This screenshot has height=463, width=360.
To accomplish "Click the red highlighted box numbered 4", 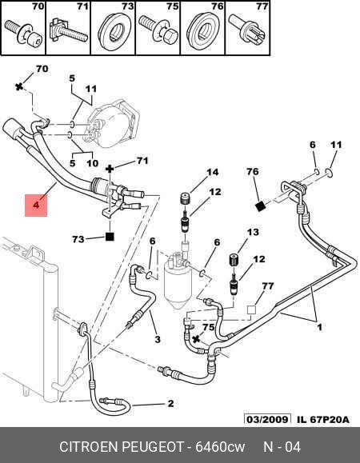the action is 36,206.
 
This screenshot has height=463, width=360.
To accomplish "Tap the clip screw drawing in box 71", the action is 69,31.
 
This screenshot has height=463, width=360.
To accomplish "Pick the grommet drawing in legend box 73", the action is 115,30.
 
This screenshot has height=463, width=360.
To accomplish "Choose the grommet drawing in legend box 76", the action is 203,30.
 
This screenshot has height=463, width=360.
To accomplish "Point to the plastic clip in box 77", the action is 248,30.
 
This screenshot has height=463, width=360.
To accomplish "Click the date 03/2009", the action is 267,419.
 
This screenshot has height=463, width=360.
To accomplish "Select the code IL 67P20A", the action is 322,419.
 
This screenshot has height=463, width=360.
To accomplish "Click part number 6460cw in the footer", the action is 220,447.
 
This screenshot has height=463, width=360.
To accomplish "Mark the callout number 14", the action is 212,172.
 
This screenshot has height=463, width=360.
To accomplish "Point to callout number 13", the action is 253,232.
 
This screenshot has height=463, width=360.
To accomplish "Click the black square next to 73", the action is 110,237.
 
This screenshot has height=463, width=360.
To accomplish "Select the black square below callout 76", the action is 260,206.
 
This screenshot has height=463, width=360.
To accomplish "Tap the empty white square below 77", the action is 251,310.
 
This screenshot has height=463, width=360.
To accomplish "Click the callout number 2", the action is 170,403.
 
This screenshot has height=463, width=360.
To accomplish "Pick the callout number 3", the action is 158,339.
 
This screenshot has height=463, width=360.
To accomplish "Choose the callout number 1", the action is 320,327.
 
